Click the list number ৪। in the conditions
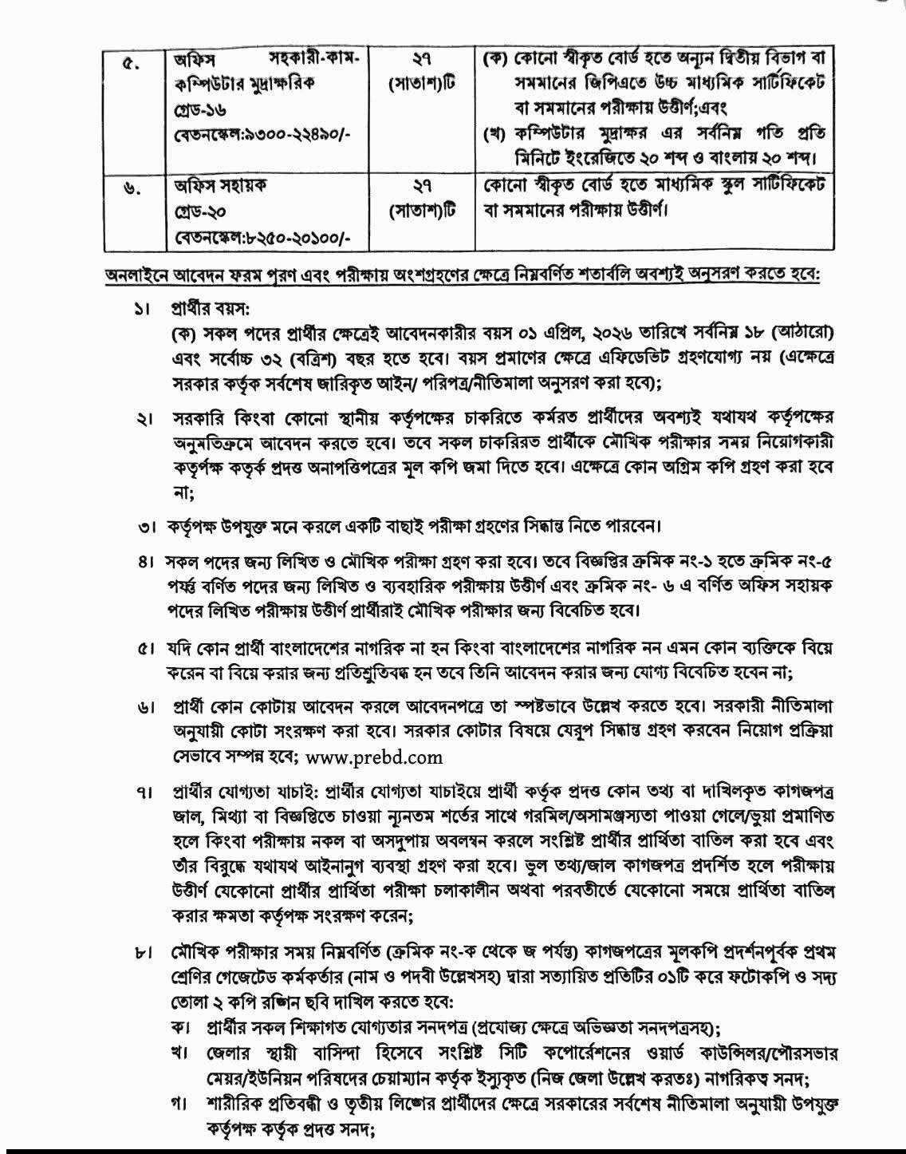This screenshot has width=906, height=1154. pyautogui.click(x=144, y=564)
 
